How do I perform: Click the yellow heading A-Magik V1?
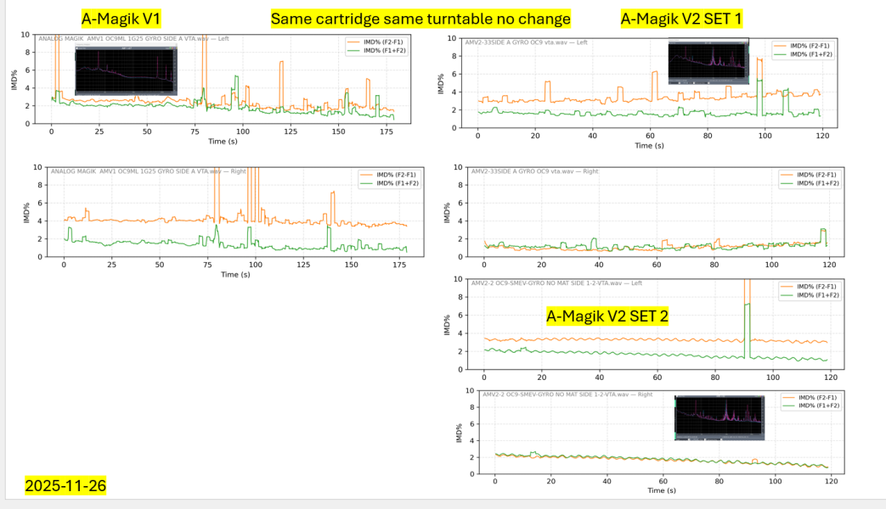point(121,18)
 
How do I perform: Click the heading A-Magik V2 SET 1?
point(682,18)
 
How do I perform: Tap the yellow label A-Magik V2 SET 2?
point(607,316)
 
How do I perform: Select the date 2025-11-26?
point(65,486)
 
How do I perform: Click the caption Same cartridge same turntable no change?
point(420,18)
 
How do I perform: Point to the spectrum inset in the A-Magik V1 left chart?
point(126,70)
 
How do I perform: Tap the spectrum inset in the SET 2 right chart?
point(720,417)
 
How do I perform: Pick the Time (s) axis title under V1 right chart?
point(229,274)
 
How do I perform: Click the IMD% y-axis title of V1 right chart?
point(26,212)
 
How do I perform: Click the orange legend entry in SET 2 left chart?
point(807,286)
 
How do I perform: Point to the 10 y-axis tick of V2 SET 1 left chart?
point(457,38)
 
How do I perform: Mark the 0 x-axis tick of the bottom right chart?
point(495,481)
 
